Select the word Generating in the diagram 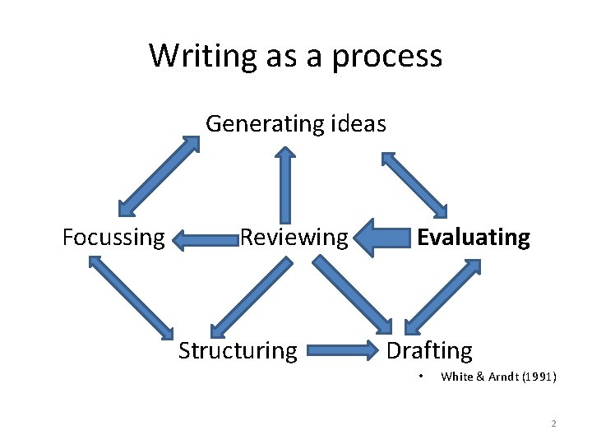pos(262,124)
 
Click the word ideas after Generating pos(357,124)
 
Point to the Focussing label pos(113,238)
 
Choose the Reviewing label pos(294,238)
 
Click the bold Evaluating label pos(474,238)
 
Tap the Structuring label pos(238,351)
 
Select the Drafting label pos(429,351)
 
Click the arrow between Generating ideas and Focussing pos(159,175)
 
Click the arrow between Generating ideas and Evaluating pos(414,183)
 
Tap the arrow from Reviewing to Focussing pos(206,240)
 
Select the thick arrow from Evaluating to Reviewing pos(385,238)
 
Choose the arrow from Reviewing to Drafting pos(354,294)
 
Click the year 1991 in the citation pos(539,377)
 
